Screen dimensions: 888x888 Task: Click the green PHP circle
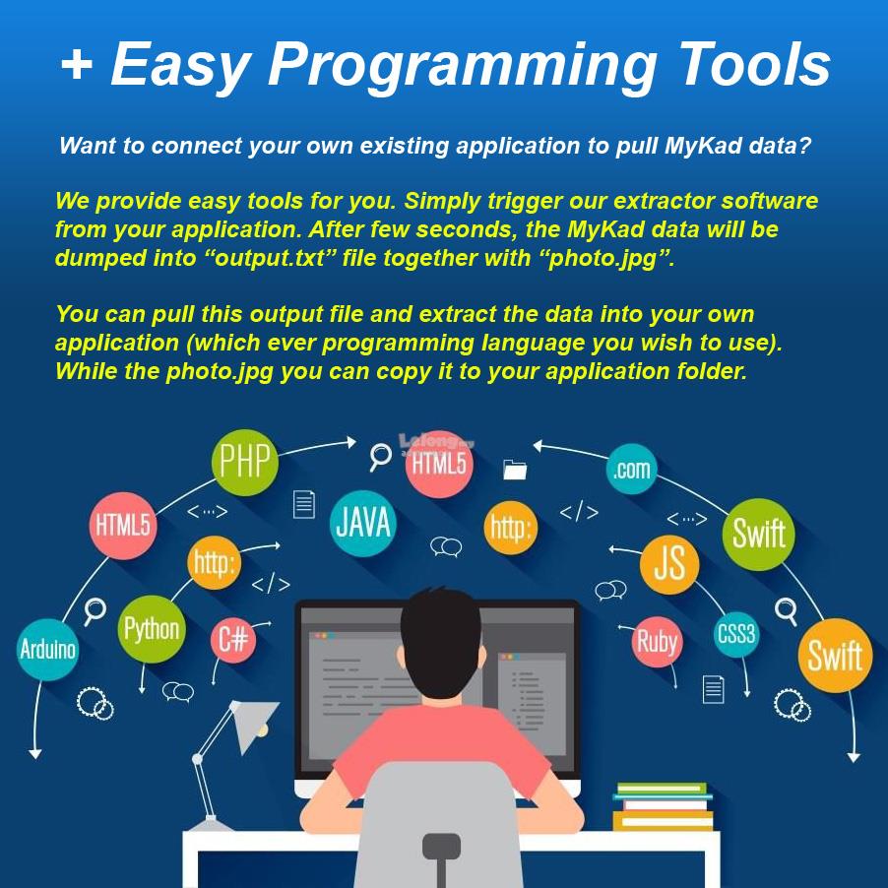pyautogui.click(x=245, y=462)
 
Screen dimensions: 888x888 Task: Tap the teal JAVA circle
pyautogui.click(x=363, y=523)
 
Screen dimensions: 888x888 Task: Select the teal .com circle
pyautogui.click(x=631, y=469)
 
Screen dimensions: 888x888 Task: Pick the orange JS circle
pyautogui.click(x=669, y=564)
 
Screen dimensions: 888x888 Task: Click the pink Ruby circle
pyautogui.click(x=657, y=642)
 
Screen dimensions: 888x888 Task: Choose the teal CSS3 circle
pyautogui.click(x=735, y=634)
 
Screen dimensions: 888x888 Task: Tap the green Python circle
pyautogui.click(x=152, y=629)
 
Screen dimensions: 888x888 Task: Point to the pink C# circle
pyautogui.click(x=233, y=640)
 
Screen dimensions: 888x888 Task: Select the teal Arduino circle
pyautogui.click(x=47, y=650)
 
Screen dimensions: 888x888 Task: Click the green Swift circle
pyautogui.click(x=758, y=534)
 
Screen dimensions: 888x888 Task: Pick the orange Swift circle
pyautogui.click(x=835, y=656)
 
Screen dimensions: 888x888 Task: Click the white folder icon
pyautogui.click(x=515, y=470)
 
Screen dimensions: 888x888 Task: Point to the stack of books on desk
pyautogui.click(x=663, y=806)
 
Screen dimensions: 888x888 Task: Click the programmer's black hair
pyautogui.click(x=441, y=646)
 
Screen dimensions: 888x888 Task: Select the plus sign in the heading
pyautogui.click(x=76, y=63)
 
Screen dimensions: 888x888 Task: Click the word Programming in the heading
pyautogui.click(x=461, y=67)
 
